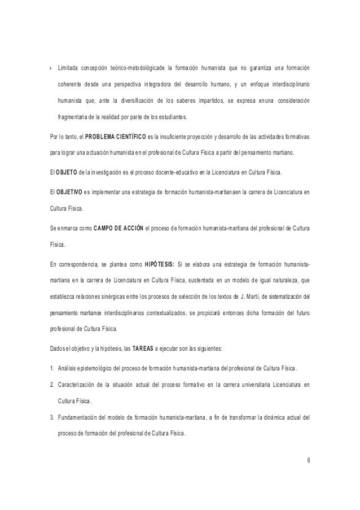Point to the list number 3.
tap(51, 417)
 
